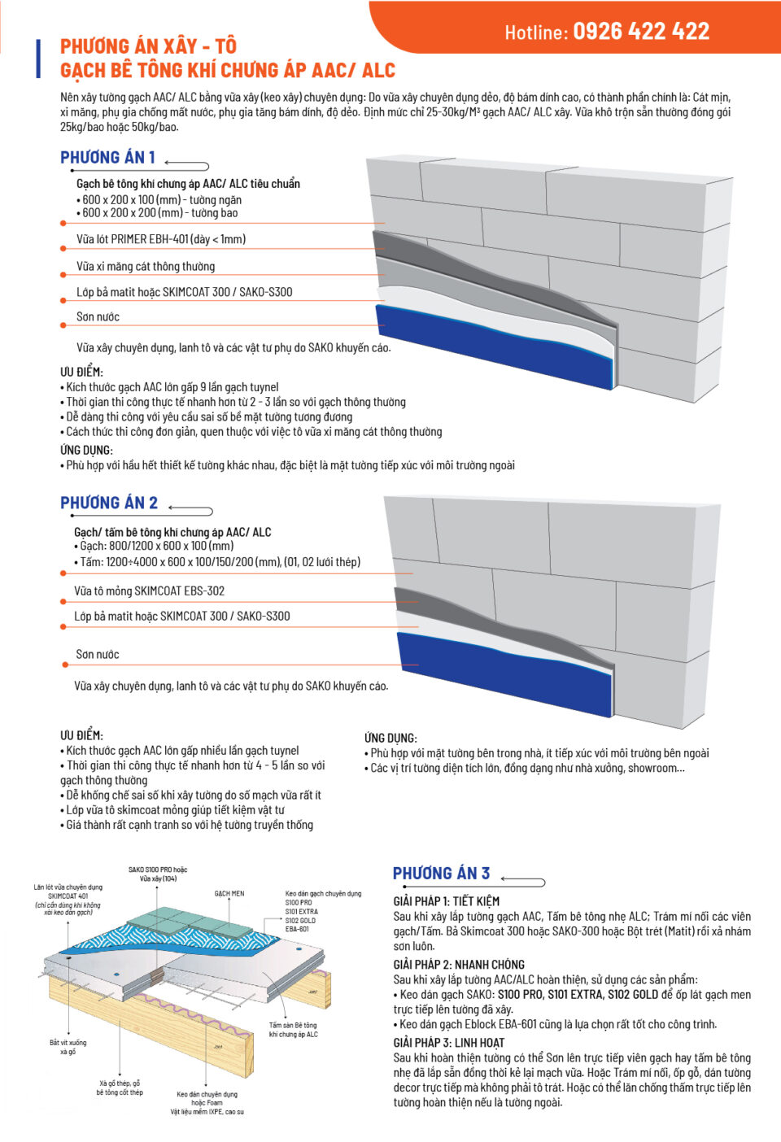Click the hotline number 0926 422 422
(x=641, y=31)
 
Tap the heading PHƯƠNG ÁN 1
(x=107, y=157)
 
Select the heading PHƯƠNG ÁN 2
(x=109, y=503)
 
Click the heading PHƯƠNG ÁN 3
(x=441, y=874)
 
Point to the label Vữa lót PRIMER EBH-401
(x=161, y=238)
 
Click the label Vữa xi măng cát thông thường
(x=146, y=266)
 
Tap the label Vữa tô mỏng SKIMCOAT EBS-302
(x=150, y=591)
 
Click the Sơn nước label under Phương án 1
(x=98, y=316)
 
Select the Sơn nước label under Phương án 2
(x=98, y=654)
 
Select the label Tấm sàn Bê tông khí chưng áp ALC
(x=293, y=1030)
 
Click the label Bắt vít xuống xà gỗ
(x=68, y=1047)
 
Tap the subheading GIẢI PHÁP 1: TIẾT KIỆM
(x=446, y=901)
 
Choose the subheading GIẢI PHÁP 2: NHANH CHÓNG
(x=459, y=965)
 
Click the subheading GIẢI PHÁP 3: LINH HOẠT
(x=448, y=1043)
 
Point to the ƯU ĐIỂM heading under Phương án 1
(x=81, y=372)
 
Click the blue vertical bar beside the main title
(x=38, y=59)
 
